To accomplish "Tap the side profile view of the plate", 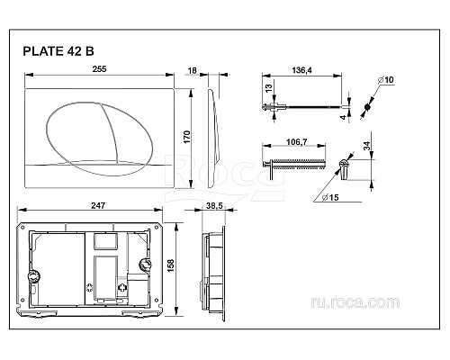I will coord(212,135).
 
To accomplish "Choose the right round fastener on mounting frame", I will coord(146,266).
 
